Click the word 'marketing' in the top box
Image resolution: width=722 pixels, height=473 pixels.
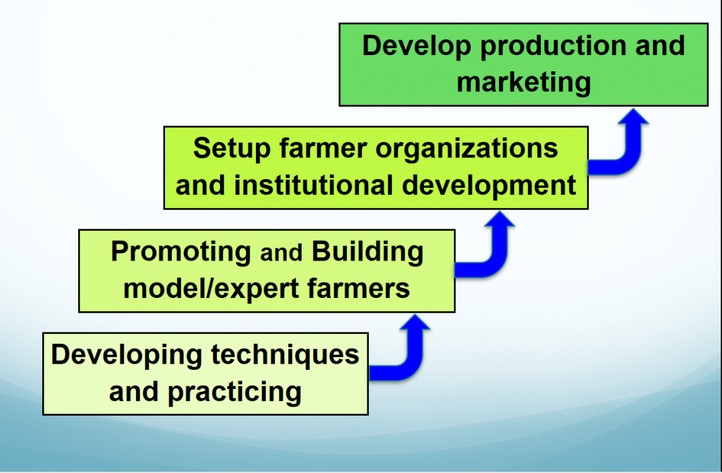[x=524, y=83]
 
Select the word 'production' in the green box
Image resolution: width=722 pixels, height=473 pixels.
[x=554, y=47]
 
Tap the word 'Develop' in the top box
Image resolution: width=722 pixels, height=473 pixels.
[x=417, y=47]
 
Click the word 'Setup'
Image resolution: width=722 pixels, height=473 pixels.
[x=231, y=150]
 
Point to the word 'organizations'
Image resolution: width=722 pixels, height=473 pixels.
[x=467, y=150]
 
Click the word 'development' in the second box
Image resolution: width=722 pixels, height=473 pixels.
[x=489, y=186]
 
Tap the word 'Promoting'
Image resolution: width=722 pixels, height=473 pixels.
[x=181, y=253]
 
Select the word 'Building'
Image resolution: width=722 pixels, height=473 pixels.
[x=367, y=253]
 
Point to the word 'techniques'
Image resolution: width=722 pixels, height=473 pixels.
[x=285, y=355]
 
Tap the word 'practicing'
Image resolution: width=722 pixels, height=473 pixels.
[x=234, y=393]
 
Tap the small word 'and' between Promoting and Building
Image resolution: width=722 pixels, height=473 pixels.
[x=281, y=253]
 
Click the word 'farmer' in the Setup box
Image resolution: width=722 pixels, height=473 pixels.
[x=323, y=150]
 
